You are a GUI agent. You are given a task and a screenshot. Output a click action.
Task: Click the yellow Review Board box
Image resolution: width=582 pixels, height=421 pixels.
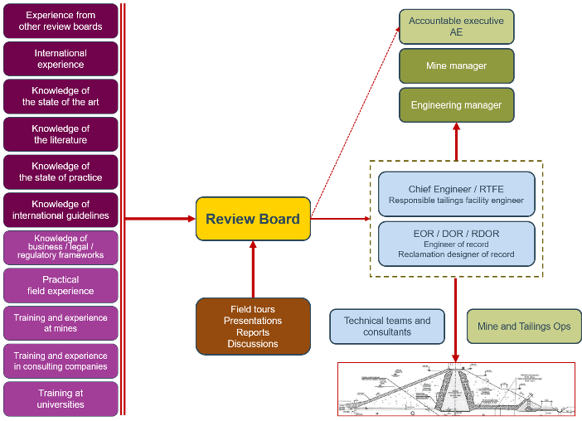click(x=253, y=219)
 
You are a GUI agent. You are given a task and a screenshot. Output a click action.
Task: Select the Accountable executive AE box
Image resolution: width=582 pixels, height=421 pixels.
click(x=456, y=27)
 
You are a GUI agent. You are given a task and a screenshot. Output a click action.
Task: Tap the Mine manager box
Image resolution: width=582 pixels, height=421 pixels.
click(x=456, y=66)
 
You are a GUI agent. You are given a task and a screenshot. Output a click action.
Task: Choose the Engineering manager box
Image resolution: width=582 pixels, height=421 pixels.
click(x=456, y=105)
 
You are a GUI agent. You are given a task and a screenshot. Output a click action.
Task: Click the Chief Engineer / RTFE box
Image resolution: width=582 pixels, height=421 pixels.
click(x=456, y=194)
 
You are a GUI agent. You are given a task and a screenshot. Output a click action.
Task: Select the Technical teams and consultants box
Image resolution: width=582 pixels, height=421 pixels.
click(x=387, y=327)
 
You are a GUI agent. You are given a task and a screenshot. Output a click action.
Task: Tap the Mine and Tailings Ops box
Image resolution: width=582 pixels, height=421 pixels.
click(x=524, y=327)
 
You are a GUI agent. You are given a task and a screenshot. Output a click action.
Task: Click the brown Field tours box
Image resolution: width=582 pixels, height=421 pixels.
click(x=253, y=327)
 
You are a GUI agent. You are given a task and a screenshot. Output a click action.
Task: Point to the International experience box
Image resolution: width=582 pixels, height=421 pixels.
click(x=61, y=59)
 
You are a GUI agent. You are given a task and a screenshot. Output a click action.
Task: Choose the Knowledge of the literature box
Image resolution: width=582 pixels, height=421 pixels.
click(x=61, y=134)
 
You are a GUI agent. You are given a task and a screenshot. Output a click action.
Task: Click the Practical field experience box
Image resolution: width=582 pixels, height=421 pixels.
click(x=61, y=285)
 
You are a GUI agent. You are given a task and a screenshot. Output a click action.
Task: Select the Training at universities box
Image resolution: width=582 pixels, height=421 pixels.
click(x=61, y=399)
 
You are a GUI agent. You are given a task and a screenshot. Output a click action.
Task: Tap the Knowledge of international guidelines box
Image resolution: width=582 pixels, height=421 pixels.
click(x=61, y=210)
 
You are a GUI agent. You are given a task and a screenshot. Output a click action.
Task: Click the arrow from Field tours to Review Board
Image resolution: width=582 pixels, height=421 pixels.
click(x=253, y=269)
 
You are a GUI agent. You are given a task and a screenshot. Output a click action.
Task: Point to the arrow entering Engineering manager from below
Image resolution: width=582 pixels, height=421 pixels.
click(x=456, y=141)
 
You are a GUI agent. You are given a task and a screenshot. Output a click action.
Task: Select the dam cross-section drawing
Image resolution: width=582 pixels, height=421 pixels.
click(x=456, y=389)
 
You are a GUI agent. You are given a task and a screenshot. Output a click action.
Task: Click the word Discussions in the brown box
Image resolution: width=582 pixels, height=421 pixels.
click(x=253, y=344)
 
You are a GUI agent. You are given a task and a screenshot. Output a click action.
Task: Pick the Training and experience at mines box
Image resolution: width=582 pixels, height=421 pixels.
click(x=61, y=323)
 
